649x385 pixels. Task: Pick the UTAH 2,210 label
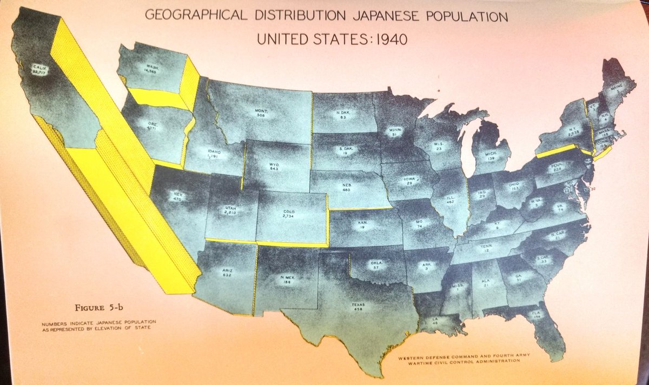coord(230,210)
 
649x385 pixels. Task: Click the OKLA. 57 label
coord(376,264)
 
